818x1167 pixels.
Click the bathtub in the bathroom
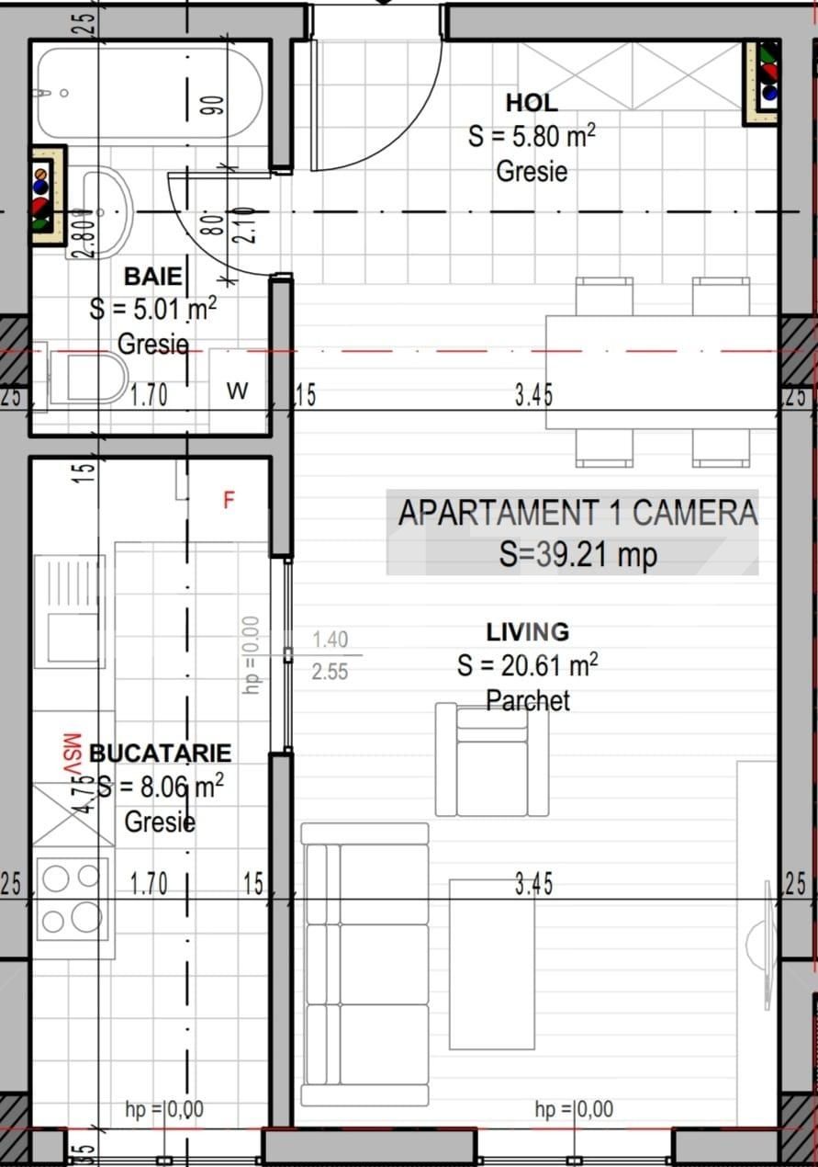pos(147,93)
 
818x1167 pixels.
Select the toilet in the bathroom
pos(92,376)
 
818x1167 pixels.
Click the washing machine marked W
pos(238,391)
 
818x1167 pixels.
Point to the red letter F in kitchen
pos(230,500)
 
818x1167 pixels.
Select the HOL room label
pos(531,102)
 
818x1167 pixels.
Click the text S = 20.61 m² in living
pos(527,664)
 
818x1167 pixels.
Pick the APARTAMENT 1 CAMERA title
pos(577,513)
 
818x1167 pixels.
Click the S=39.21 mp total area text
pos(577,554)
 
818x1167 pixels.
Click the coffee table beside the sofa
pos(492,963)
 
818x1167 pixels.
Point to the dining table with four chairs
pos(661,372)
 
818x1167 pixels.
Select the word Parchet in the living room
pos(527,701)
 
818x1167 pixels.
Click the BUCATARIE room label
pos(160,753)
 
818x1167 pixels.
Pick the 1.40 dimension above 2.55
pos(330,640)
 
